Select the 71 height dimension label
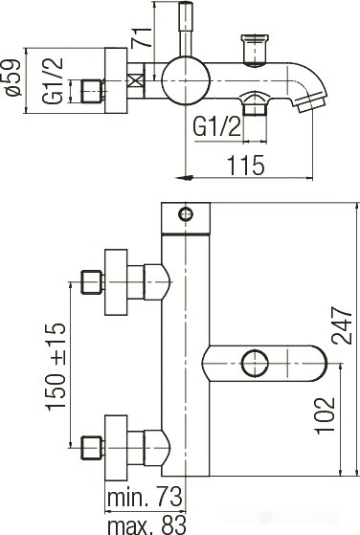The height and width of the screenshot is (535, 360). click(x=142, y=37)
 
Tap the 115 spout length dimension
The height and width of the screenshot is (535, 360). click(x=246, y=166)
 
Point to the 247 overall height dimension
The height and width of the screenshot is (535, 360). click(x=342, y=325)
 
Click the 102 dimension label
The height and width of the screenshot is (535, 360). click(x=325, y=415)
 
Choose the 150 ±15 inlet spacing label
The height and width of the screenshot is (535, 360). click(x=56, y=366)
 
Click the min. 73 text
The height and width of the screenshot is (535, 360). click(x=145, y=498)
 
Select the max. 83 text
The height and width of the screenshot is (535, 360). click(x=146, y=524)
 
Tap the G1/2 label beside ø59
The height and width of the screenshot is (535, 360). click(x=53, y=80)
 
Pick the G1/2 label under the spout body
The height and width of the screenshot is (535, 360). click(x=216, y=126)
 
